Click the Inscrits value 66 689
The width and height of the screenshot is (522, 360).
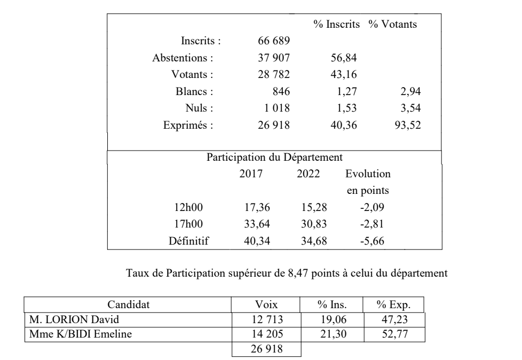[273, 41]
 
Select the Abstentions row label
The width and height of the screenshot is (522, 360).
[183, 58]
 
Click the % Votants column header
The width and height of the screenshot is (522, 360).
[393, 25]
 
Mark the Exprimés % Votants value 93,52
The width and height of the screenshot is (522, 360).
[408, 126]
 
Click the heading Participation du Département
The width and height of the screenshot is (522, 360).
[274, 158]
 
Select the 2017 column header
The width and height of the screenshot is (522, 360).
[251, 174]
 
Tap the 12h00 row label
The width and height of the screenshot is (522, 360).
[189, 207]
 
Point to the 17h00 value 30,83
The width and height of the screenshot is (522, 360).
[308, 224]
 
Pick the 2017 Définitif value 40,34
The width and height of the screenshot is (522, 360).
[257, 241]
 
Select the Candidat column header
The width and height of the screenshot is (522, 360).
[129, 305]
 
